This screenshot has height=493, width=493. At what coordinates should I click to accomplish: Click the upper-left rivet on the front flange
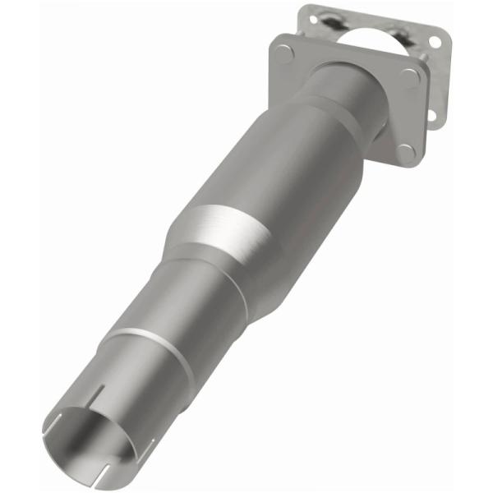click(284, 54)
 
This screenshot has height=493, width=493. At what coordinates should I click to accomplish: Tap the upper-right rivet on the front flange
click(409, 78)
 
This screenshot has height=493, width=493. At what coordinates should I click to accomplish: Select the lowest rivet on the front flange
click(405, 151)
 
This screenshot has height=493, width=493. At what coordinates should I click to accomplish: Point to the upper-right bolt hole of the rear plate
click(434, 42)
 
